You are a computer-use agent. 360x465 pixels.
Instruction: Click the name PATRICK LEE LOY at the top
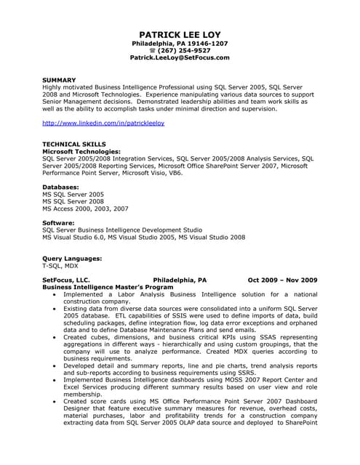tap(180, 34)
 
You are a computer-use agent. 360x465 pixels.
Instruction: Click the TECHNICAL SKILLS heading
tap(74, 144)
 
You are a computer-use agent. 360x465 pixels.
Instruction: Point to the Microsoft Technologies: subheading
tap(84, 151)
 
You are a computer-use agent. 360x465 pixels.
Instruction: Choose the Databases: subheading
tap(61, 187)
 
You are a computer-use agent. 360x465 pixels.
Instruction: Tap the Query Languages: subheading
tap(72, 258)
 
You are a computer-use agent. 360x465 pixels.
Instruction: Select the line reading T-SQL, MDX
tap(60, 266)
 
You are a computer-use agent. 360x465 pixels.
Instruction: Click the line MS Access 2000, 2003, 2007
tap(85, 209)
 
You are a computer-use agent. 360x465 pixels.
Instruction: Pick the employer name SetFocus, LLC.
tap(66, 280)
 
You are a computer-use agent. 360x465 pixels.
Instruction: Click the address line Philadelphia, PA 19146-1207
tap(180, 43)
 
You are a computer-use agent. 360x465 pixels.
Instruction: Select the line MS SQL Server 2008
tap(73, 201)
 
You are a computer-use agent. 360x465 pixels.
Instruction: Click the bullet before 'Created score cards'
tap(55, 402)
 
